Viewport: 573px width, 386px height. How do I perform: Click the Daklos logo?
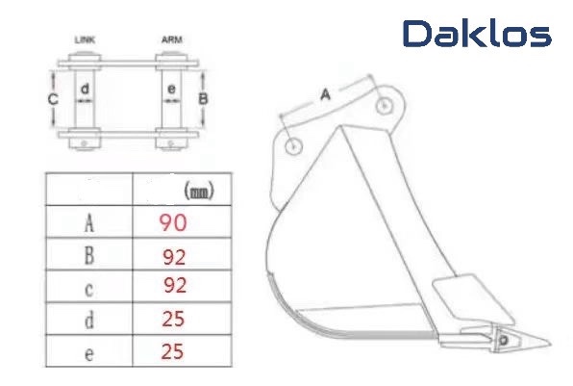[477, 35]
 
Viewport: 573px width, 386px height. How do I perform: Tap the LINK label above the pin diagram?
[84, 40]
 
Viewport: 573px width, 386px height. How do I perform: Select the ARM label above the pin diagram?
[172, 40]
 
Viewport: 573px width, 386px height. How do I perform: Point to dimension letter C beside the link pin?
[54, 99]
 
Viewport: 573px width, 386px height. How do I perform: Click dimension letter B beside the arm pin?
[203, 98]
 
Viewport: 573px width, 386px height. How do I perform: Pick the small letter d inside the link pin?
[85, 90]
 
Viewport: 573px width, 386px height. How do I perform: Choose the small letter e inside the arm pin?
[171, 90]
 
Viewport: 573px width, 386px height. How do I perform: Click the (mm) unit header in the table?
[197, 193]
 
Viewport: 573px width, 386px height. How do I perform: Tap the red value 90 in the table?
[173, 222]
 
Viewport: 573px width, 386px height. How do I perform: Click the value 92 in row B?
[174, 256]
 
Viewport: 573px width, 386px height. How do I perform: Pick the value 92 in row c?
[174, 286]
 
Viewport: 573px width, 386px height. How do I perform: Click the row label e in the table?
[88, 352]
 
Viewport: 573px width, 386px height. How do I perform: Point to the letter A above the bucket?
[325, 94]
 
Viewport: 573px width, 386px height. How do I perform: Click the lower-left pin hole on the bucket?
[294, 146]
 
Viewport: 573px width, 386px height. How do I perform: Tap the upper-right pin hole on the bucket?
[385, 106]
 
